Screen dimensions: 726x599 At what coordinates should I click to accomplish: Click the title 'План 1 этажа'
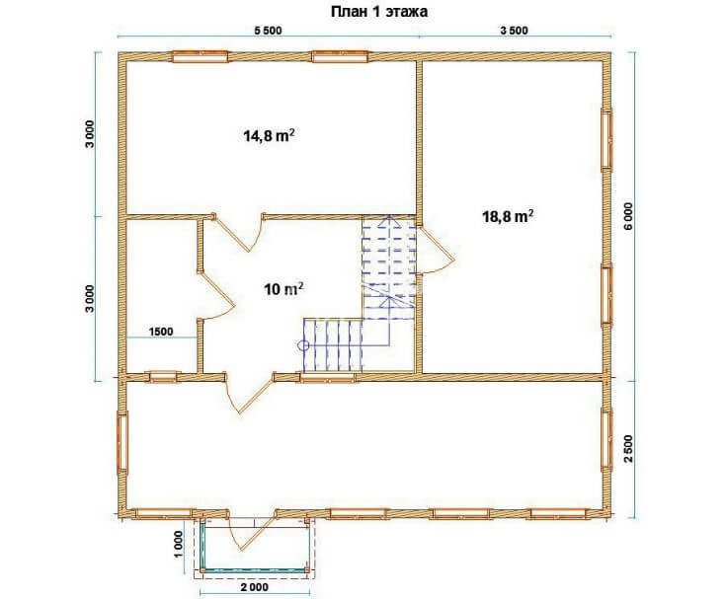click(379, 12)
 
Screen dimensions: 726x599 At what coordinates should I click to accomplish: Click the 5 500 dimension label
click(268, 31)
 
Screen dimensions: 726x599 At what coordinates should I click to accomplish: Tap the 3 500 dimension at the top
click(514, 31)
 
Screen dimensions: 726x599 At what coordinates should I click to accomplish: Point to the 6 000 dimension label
click(628, 217)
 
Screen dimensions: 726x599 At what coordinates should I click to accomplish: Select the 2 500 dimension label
click(628, 449)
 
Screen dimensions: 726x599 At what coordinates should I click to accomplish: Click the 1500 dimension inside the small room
click(161, 332)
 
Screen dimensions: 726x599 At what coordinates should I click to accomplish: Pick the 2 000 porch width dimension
click(254, 587)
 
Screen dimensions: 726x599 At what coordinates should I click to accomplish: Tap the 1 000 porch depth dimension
click(179, 546)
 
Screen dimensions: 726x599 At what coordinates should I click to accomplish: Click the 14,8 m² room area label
click(270, 135)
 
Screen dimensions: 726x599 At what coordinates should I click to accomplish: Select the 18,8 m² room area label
click(508, 216)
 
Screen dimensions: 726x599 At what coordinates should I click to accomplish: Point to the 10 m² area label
click(284, 289)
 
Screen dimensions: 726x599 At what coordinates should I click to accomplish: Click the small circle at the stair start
click(303, 344)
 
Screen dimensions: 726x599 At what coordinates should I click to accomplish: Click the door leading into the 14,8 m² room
click(238, 234)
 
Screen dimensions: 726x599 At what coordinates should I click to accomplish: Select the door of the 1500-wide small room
click(217, 295)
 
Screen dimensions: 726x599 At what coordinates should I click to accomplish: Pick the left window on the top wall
click(200, 56)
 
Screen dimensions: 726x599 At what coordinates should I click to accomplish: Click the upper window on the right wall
click(606, 139)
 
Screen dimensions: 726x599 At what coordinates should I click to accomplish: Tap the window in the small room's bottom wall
click(163, 377)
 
